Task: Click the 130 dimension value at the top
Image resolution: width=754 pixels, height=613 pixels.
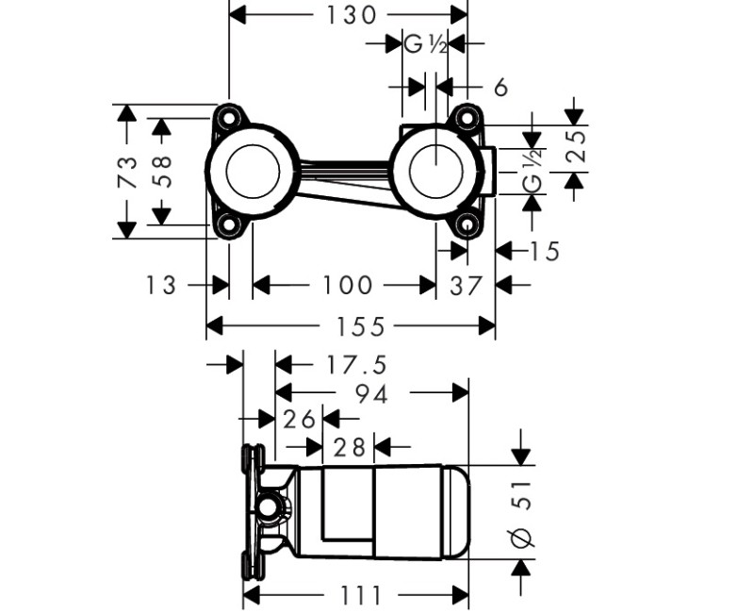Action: pos(351,15)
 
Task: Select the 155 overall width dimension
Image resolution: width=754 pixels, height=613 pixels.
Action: pos(360,326)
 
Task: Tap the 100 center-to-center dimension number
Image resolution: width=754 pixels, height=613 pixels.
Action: pos(347,285)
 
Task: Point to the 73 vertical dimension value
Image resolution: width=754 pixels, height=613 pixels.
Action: pos(128,172)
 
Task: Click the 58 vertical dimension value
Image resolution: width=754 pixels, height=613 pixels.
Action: pos(162,171)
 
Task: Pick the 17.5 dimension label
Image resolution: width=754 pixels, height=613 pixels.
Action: pos(356,365)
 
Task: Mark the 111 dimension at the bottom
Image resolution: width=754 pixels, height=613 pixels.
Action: pos(361,596)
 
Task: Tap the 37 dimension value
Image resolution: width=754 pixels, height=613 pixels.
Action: pos(465,286)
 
